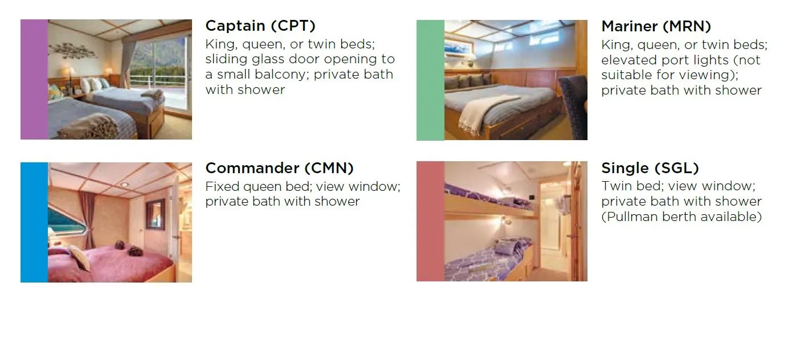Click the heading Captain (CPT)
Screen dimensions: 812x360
(260, 26)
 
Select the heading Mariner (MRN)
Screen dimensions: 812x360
(656, 26)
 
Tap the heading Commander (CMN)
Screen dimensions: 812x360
(279, 168)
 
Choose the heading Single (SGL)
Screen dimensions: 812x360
(650, 168)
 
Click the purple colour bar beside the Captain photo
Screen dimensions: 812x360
(34, 79)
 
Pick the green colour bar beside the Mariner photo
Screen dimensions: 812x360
(430, 80)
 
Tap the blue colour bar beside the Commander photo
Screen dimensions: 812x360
(34, 222)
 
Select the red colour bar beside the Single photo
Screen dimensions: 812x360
(430, 221)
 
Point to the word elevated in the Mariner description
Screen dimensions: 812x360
(628, 60)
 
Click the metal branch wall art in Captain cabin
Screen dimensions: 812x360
(72, 50)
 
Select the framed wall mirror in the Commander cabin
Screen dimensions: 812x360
(155, 214)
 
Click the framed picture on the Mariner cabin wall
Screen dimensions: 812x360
(459, 47)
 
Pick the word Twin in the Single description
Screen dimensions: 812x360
(616, 186)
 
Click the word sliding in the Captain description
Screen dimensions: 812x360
(227, 59)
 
